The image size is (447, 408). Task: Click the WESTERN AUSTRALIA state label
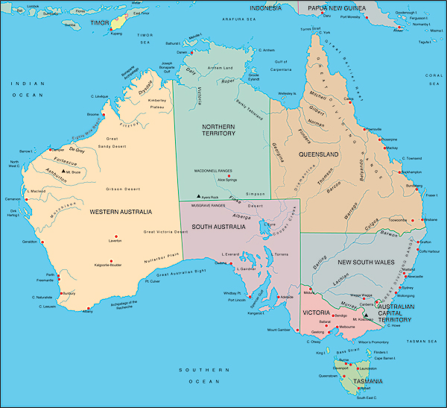click(x=121, y=212)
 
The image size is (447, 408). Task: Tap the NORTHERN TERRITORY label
click(x=218, y=131)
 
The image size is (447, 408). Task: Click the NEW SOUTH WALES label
click(x=367, y=263)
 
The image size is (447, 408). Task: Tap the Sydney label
click(x=408, y=287)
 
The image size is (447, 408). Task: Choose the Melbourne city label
click(x=346, y=327)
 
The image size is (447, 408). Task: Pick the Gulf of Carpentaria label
click(x=281, y=64)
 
